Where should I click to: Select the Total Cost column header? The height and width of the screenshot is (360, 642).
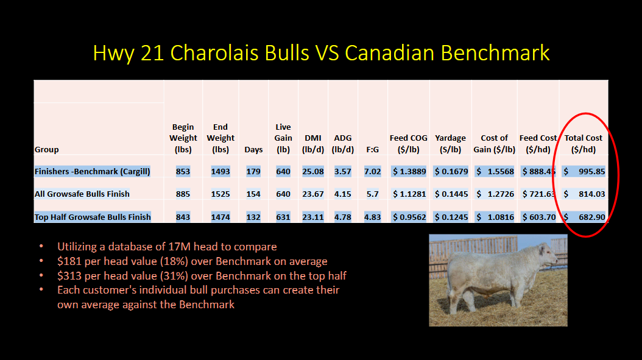[584, 144]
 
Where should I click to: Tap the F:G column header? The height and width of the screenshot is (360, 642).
[373, 149]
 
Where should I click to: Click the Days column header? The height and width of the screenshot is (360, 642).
[253, 149]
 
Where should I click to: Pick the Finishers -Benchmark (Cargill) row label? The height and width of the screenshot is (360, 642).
[93, 171]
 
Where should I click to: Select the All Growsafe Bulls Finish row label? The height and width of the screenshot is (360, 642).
[82, 194]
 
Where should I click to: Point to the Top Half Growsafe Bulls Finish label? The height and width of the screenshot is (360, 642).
[93, 217]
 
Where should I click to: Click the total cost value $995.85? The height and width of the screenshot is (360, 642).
[584, 171]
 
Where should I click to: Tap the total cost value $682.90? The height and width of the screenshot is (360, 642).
[584, 217]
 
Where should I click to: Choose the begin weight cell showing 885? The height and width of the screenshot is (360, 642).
[183, 194]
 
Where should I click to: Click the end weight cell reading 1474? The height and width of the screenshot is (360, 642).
[220, 217]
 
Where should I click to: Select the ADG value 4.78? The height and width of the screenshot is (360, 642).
[343, 217]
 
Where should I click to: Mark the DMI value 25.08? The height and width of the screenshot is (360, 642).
[313, 171]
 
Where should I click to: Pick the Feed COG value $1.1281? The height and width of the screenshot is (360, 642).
[409, 194]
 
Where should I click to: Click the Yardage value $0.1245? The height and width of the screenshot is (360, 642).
[451, 217]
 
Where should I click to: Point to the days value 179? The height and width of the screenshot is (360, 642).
[253, 171]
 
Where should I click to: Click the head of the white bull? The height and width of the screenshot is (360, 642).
[546, 253]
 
